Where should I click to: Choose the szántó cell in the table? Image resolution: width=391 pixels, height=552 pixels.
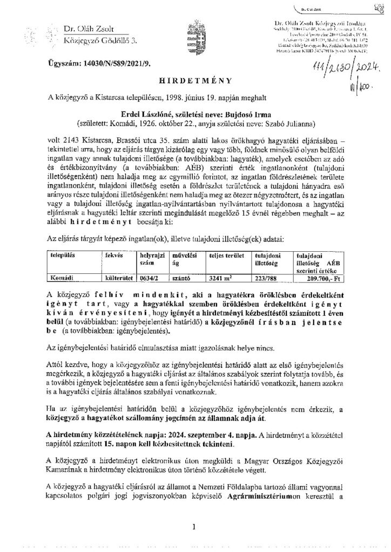pyautogui.click(x=181, y=279)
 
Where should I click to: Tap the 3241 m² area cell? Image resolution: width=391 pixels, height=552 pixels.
pyautogui.click(x=223, y=279)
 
